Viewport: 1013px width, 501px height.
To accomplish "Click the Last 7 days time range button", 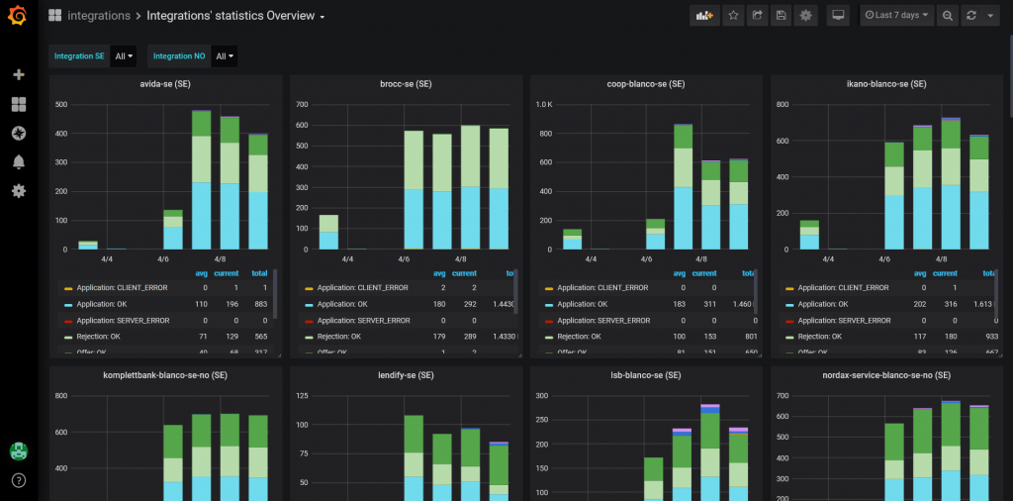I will tap(896, 16).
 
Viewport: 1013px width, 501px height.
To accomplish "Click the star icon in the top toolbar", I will tap(733, 16).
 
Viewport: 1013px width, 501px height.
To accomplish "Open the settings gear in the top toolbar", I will tap(806, 16).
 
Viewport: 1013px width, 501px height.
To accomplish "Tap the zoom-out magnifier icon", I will tap(948, 16).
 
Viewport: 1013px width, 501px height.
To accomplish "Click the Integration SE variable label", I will tap(79, 56).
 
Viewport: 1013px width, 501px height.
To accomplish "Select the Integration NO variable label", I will tap(178, 56).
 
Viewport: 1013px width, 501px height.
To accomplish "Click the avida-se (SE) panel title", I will tap(165, 84).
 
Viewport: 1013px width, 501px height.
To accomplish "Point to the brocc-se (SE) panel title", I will tap(406, 84).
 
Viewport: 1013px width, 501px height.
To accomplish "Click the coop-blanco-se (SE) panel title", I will tap(646, 84).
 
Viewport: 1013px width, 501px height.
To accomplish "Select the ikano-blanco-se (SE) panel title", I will tap(886, 84).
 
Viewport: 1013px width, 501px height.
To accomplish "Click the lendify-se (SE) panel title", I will tap(406, 375).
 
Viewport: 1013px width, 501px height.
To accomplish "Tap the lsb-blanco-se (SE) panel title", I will tap(646, 375).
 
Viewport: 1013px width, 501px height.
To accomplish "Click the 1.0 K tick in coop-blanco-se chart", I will tap(544, 104).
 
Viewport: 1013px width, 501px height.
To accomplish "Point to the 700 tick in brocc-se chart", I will tap(304, 104).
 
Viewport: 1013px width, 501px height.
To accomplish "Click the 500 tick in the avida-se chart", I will tap(61, 104).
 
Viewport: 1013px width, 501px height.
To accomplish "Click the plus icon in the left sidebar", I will tap(19, 75).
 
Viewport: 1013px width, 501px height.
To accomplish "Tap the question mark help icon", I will tap(19, 481).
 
